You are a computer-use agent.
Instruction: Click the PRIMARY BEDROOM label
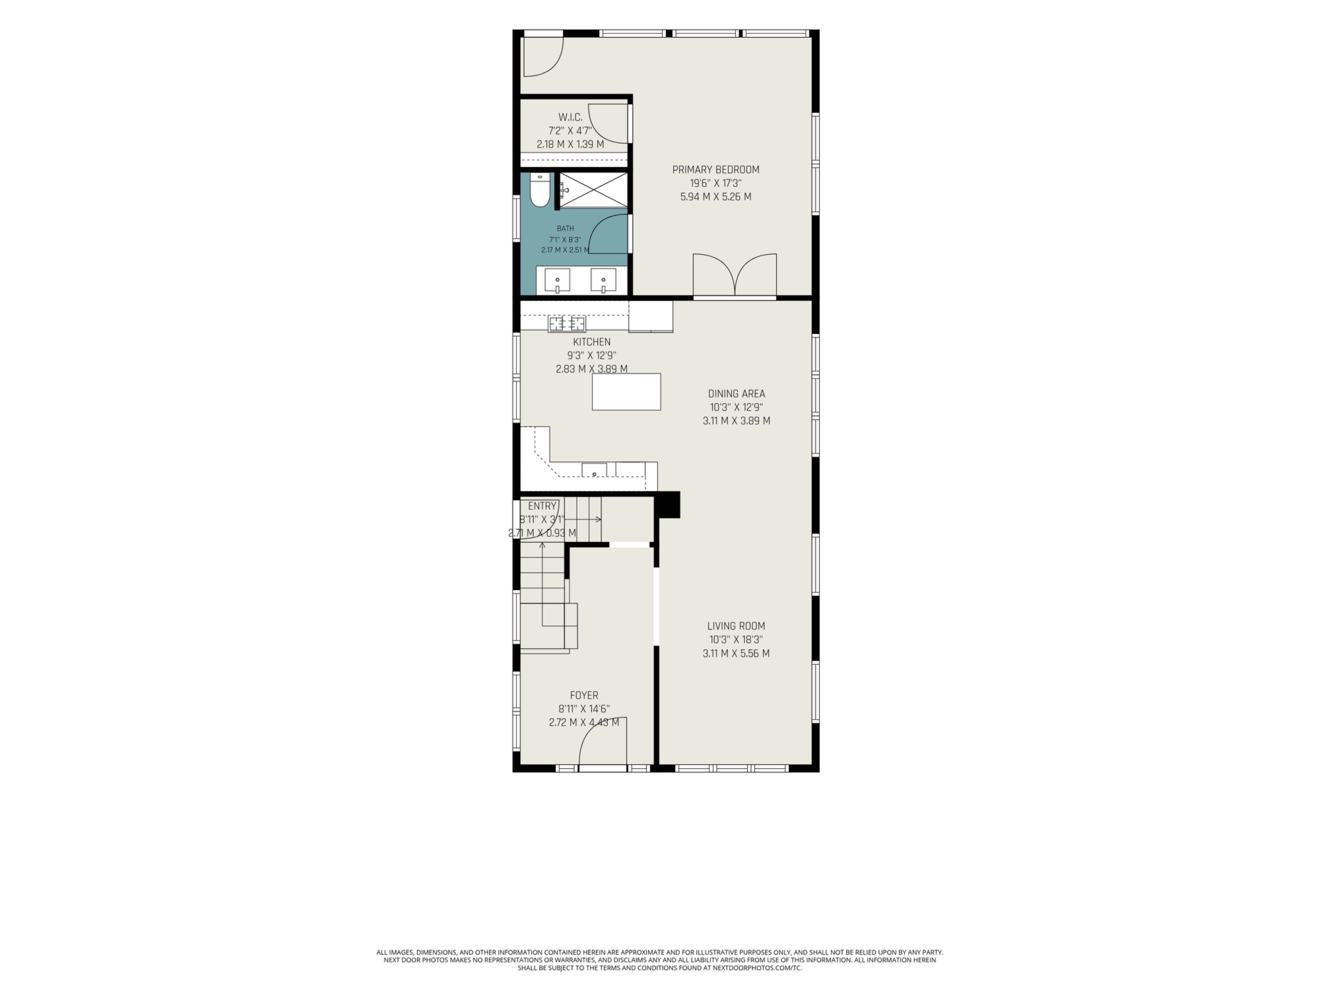click(x=715, y=169)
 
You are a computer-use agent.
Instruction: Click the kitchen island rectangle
click(x=626, y=392)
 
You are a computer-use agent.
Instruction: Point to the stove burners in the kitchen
click(x=567, y=324)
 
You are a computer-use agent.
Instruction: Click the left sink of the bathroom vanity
click(x=557, y=280)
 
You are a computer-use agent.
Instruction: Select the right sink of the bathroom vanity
click(x=603, y=280)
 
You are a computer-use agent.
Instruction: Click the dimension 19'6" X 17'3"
click(x=715, y=183)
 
